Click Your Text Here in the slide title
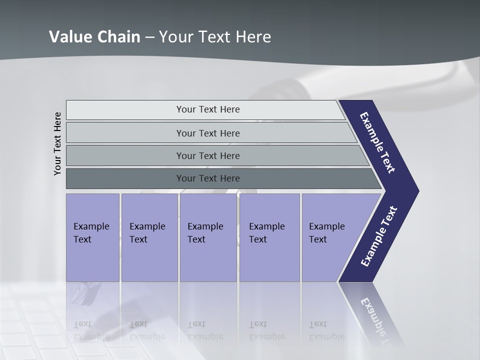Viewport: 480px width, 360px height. coord(215,37)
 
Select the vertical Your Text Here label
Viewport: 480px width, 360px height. coord(57,144)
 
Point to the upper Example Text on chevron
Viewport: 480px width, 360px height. coord(377,143)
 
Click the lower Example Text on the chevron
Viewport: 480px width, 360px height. coord(378,236)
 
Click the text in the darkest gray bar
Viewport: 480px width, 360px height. coord(208,178)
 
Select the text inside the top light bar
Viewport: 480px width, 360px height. coord(208,109)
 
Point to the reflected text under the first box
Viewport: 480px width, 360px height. coord(91,330)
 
